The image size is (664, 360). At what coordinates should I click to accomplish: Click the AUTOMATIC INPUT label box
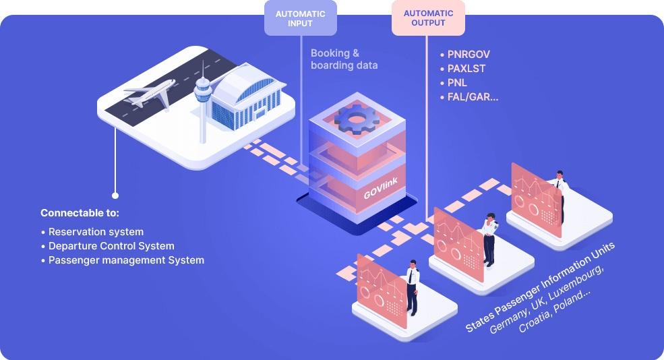point(300,18)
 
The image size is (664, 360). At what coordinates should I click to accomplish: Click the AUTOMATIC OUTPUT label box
point(428,18)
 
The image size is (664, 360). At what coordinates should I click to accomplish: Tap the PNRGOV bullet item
point(465,55)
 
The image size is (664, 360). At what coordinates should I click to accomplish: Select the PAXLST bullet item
point(465,69)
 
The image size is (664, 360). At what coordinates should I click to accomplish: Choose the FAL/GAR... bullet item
point(472,97)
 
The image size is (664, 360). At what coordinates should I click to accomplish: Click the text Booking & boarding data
point(344,59)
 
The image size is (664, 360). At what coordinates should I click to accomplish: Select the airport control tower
point(202,101)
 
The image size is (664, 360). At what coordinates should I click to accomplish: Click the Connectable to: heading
point(80,213)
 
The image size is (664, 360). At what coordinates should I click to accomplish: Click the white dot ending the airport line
point(115,196)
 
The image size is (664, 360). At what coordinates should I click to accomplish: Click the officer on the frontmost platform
point(412,287)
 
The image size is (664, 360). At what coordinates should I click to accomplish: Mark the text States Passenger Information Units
point(539,286)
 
